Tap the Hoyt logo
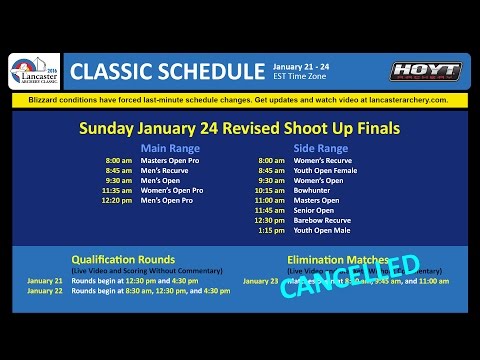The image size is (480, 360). (x=425, y=71)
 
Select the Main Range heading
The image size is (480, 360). (x=171, y=148)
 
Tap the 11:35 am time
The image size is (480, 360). (x=118, y=190)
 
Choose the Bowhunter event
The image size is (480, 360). (x=313, y=190)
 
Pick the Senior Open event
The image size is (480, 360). (x=314, y=210)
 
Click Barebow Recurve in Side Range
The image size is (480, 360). (x=321, y=220)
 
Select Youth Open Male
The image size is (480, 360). (x=323, y=230)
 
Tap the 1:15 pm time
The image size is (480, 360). (x=271, y=230)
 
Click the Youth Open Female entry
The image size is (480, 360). (x=326, y=171)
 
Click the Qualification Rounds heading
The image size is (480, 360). (x=123, y=259)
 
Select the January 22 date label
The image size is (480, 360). (x=44, y=291)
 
